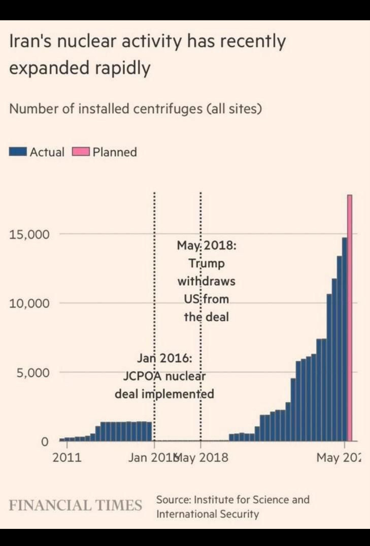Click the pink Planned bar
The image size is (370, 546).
[x=349, y=317]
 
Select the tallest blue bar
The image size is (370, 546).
[x=344, y=339]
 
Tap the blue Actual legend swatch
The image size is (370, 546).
[x=18, y=152]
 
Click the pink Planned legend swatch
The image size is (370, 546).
[x=81, y=152]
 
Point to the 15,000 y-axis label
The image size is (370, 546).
[x=29, y=234]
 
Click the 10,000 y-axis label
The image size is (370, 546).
[x=29, y=303]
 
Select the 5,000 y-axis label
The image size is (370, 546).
[x=33, y=372]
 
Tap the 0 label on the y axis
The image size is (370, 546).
[x=45, y=441]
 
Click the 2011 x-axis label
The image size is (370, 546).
[x=67, y=458]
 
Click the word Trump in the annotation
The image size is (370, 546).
[x=207, y=263]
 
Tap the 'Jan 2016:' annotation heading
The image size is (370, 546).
[x=164, y=358]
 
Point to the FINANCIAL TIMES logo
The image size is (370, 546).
[x=75, y=505]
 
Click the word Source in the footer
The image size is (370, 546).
[x=173, y=500]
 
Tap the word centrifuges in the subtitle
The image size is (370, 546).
[x=168, y=109]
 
